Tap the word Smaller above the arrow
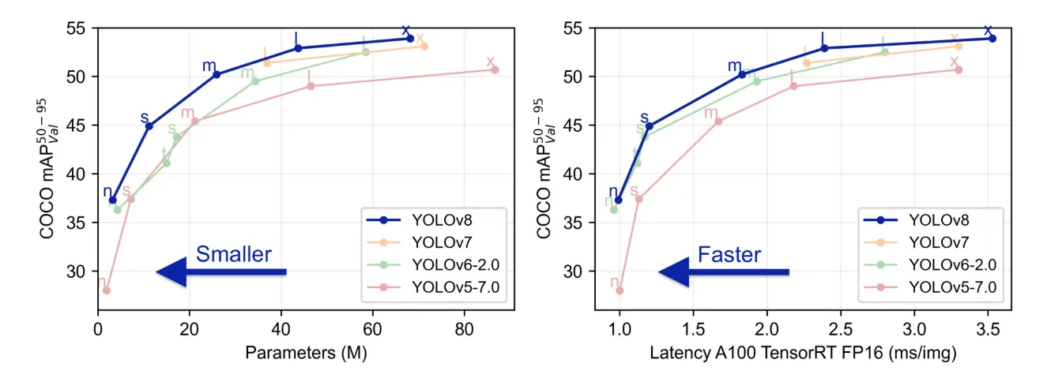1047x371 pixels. pyautogui.click(x=233, y=254)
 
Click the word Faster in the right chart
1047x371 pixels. pyautogui.click(x=729, y=254)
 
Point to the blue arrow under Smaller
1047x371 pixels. pyautogui.click(x=220, y=272)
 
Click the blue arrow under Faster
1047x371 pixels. pyautogui.click(x=723, y=272)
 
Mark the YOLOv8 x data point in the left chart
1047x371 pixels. pyautogui.click(x=410, y=38)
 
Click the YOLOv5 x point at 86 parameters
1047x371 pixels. pyautogui.click(x=495, y=69)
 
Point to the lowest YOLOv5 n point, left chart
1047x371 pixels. pyautogui.click(x=106, y=290)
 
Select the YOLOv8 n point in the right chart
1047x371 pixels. pyautogui.click(x=619, y=200)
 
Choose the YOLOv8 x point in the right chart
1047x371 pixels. pyautogui.click(x=992, y=38)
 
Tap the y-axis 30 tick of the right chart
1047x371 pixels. pyautogui.click(x=592, y=272)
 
